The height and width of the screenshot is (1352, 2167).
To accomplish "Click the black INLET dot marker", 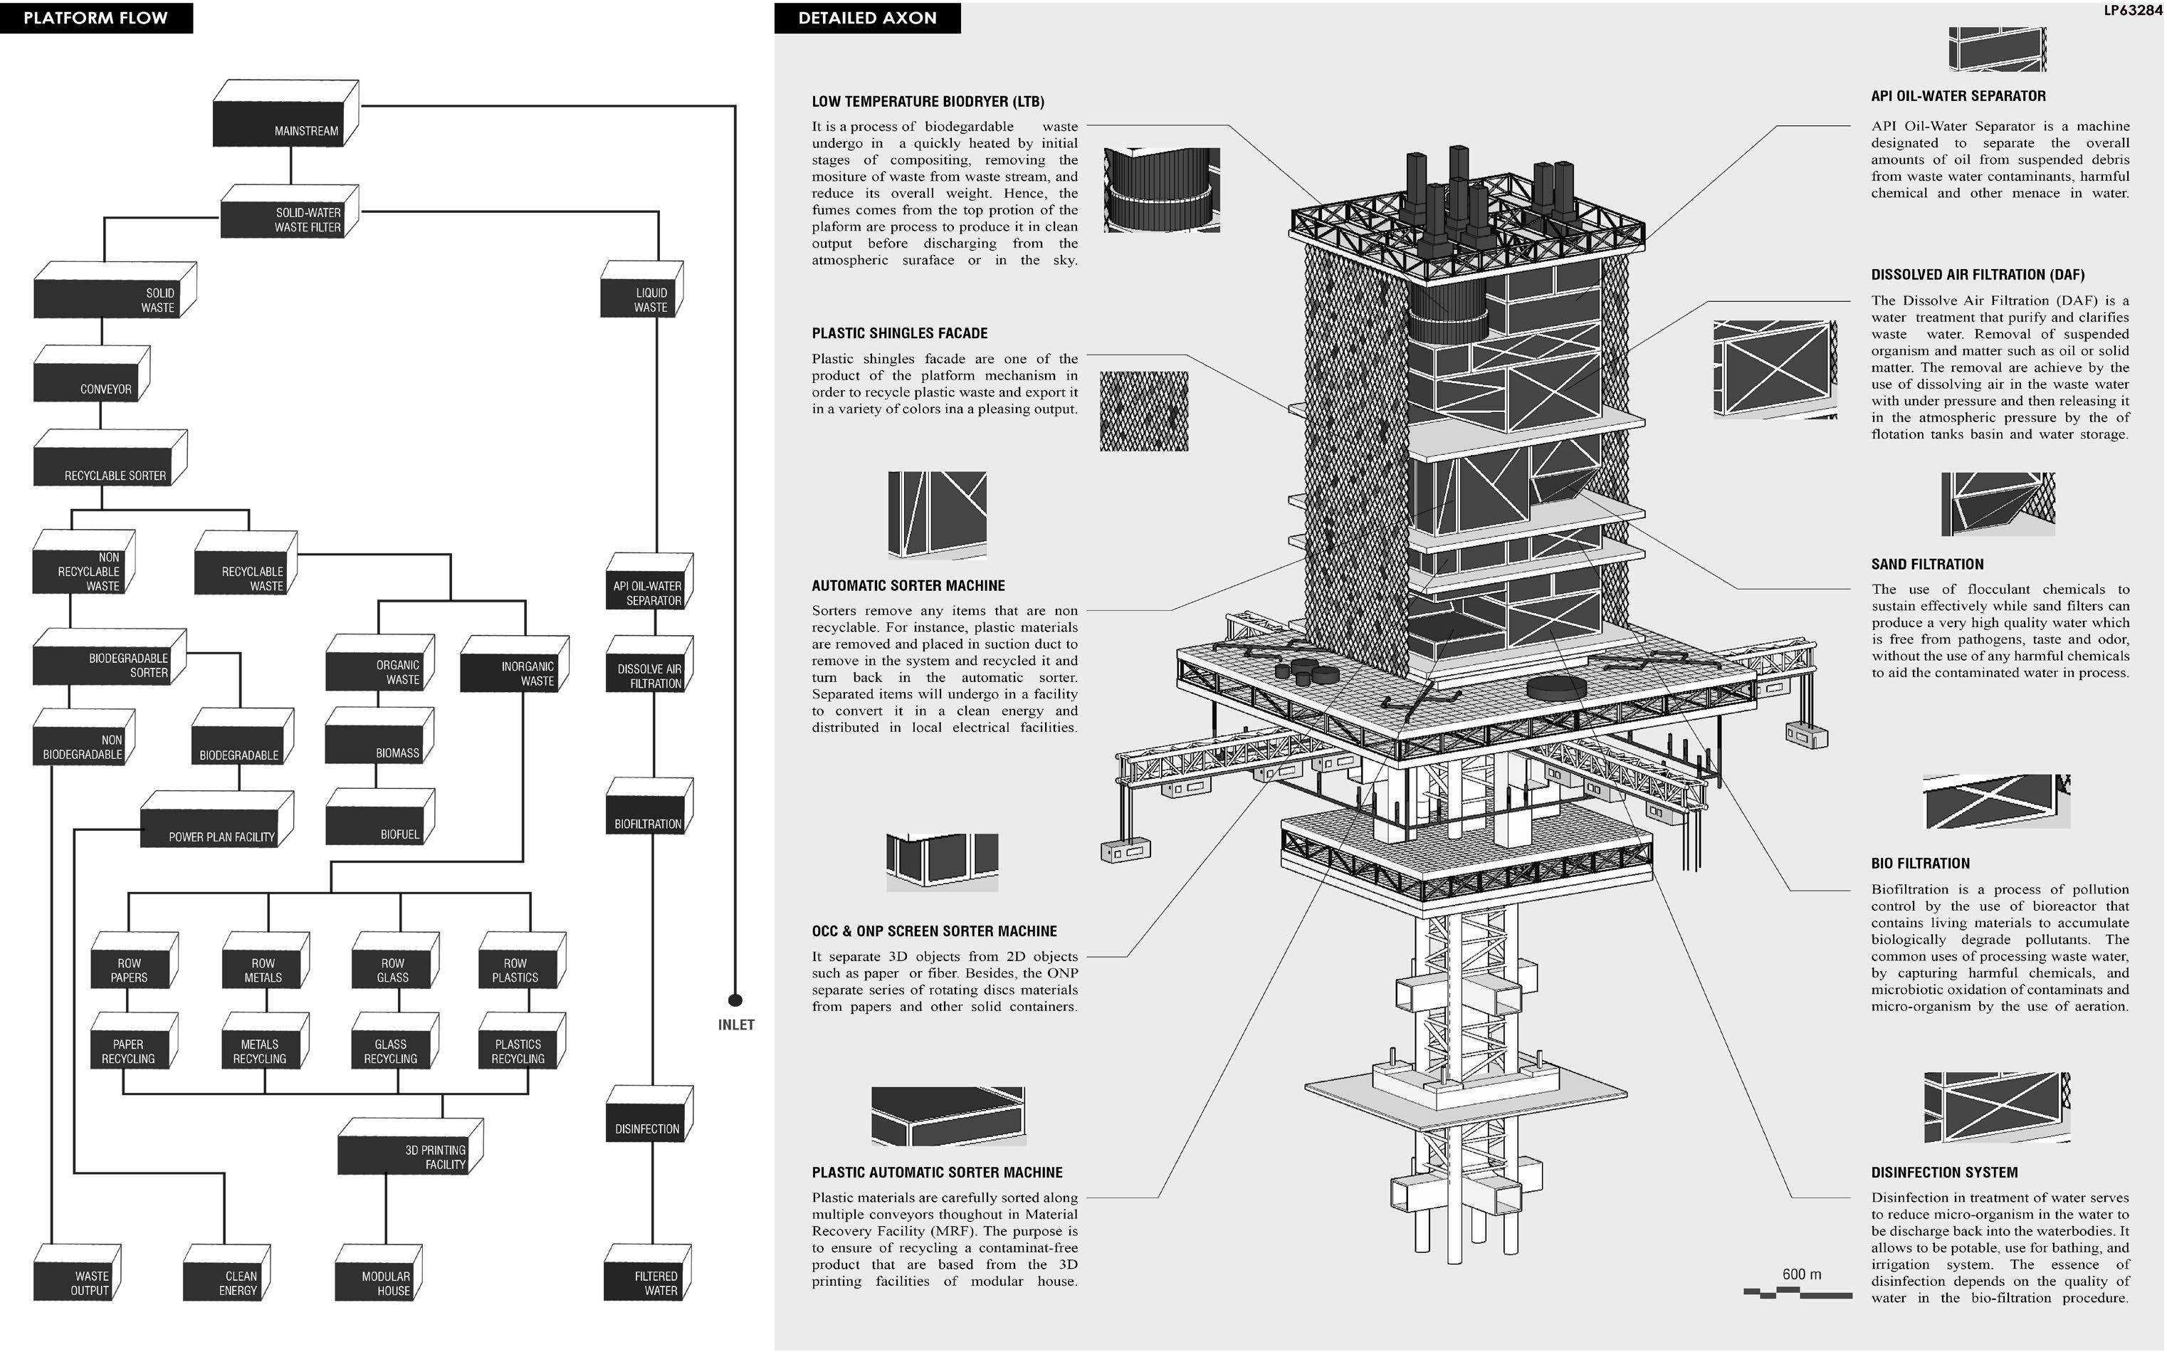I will tap(735, 1000).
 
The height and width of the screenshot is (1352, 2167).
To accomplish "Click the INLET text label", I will tap(736, 1025).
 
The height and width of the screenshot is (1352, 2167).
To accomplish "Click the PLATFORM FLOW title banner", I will tap(95, 17).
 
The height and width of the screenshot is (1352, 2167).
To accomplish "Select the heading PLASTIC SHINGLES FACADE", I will tap(899, 333).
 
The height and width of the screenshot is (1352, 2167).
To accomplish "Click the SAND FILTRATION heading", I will tap(1926, 565).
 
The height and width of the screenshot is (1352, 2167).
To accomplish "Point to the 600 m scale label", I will tap(1800, 1273).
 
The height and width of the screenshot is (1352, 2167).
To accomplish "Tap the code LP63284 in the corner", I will tap(2132, 11).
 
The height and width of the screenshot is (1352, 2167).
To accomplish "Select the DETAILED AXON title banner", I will tap(866, 18).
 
